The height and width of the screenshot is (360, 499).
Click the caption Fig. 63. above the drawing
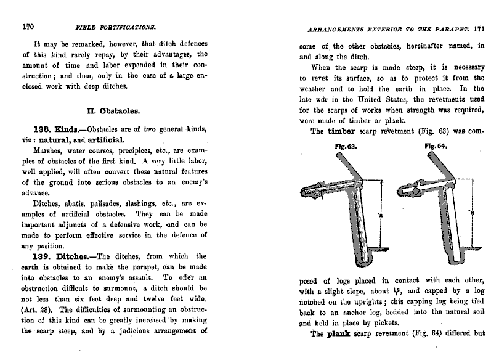click(341, 148)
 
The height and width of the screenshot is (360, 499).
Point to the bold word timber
click(343, 131)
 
